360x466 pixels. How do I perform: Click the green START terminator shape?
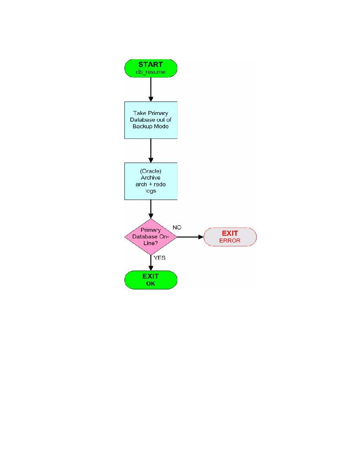(x=151, y=68)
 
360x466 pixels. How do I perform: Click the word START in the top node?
(x=151, y=64)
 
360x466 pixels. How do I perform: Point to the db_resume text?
(x=151, y=72)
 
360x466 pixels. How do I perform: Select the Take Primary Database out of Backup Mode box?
(x=151, y=120)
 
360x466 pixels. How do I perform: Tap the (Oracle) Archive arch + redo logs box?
(x=151, y=181)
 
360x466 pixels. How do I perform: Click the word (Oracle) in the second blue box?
(x=151, y=171)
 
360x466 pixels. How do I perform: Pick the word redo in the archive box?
(x=160, y=184)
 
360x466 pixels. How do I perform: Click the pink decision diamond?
(x=151, y=237)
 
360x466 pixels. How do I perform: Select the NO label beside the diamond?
(x=177, y=228)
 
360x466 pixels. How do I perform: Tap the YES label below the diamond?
(x=160, y=258)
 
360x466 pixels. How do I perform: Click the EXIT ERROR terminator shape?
(x=230, y=237)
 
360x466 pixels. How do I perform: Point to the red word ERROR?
(x=230, y=240)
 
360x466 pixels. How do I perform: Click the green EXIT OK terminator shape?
(x=151, y=280)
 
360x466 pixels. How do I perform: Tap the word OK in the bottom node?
(x=151, y=284)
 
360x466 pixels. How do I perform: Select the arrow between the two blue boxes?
(x=151, y=151)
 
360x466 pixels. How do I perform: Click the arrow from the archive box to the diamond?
(x=151, y=209)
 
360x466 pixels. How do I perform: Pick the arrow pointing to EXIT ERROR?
(x=191, y=237)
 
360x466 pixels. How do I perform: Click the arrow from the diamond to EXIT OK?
(x=151, y=263)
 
